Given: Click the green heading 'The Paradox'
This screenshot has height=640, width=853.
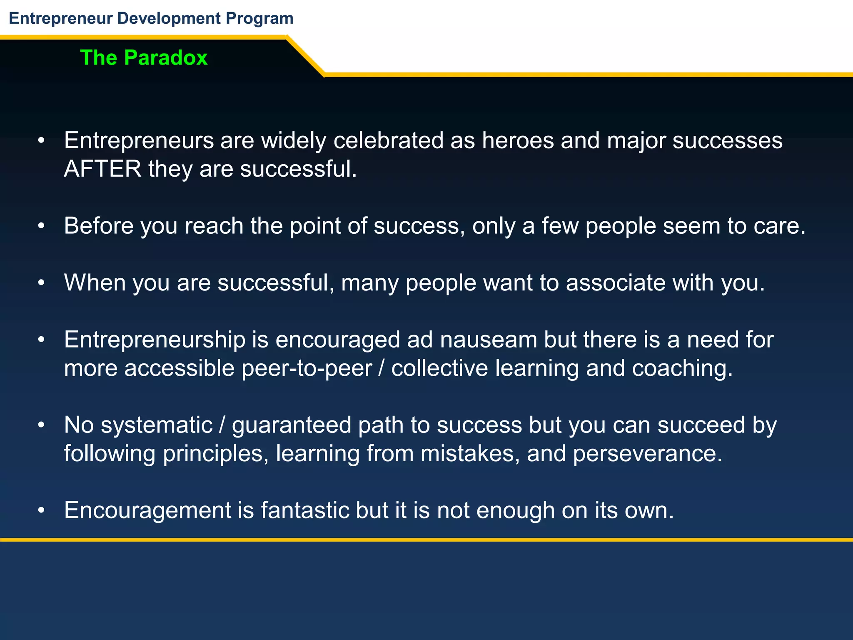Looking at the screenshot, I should [x=144, y=57].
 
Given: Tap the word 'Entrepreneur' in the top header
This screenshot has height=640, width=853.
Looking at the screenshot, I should [x=60, y=18].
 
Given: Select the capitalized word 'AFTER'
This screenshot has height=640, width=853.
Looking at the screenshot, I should [x=102, y=169].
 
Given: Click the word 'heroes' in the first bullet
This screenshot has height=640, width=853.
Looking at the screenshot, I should [x=518, y=140].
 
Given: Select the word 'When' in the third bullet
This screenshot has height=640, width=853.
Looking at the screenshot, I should [x=95, y=282].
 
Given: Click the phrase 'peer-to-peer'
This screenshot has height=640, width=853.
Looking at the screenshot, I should [x=307, y=368].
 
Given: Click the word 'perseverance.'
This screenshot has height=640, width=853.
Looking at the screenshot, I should [x=647, y=454].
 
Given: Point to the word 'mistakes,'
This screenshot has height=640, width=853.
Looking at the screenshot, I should [x=470, y=454].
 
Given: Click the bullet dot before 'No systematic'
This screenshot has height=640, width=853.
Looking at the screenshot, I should [x=41, y=425].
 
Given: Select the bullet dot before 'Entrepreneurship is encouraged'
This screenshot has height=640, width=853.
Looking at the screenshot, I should [x=41, y=340].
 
